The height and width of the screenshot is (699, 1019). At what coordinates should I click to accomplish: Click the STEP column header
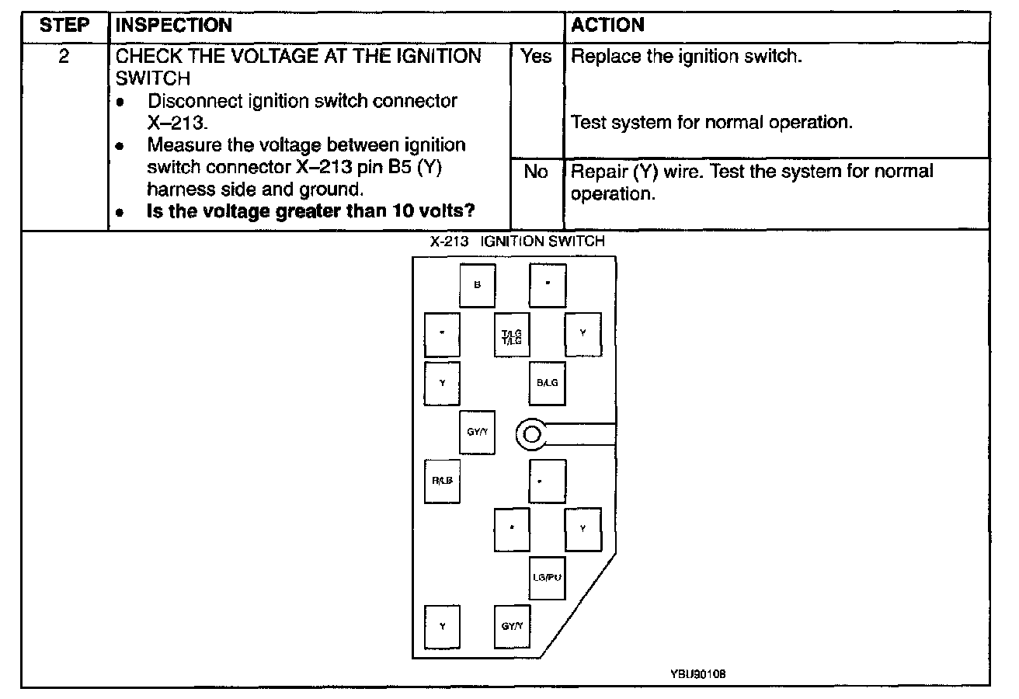(x=64, y=25)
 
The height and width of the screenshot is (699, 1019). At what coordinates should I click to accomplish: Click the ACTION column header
(x=607, y=25)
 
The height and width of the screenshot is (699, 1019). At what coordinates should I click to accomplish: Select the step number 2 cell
(x=64, y=57)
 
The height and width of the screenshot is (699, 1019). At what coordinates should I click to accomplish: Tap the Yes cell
(x=536, y=57)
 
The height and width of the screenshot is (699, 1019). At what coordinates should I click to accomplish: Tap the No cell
(x=536, y=172)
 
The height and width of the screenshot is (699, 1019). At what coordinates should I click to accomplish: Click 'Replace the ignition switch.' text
(x=686, y=57)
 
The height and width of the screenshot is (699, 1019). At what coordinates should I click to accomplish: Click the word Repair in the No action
(x=594, y=172)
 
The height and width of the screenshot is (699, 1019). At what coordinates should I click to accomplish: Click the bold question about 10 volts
(x=311, y=212)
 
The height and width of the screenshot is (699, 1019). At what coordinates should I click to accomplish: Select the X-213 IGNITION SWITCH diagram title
(x=517, y=242)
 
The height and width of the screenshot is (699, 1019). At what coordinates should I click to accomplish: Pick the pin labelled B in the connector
(x=477, y=285)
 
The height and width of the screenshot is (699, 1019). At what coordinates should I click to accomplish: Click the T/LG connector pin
(x=512, y=335)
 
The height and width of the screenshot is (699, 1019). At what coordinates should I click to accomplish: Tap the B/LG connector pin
(x=547, y=383)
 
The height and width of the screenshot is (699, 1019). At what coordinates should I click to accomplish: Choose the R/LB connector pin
(x=442, y=481)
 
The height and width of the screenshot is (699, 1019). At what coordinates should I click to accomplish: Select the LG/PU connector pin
(x=547, y=578)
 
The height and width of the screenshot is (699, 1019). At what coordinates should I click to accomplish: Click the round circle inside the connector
(x=532, y=434)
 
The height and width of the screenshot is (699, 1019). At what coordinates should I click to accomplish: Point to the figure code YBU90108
(x=697, y=674)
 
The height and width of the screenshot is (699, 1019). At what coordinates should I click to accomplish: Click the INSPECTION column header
(x=173, y=25)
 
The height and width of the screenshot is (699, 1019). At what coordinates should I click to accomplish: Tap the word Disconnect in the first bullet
(x=186, y=102)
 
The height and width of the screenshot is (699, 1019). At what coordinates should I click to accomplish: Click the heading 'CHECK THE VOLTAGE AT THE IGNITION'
(x=298, y=57)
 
